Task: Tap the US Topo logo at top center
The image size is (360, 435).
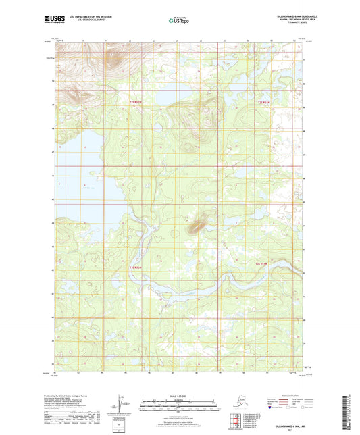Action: coord(179,21)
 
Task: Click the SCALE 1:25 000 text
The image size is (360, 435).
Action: coord(180,396)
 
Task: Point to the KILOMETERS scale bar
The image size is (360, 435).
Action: coord(180,401)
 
